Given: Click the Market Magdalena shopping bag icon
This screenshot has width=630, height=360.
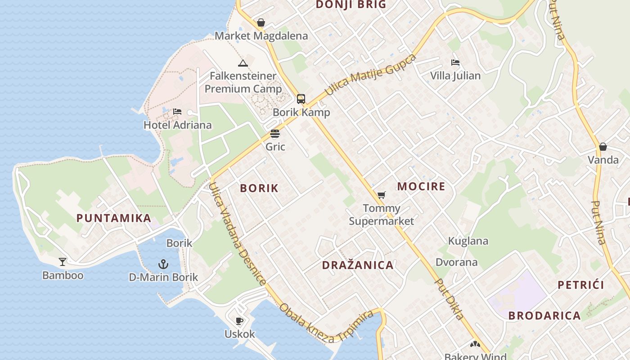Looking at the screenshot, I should pyautogui.click(x=261, y=22).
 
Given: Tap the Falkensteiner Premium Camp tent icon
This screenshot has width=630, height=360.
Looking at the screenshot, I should pyautogui.click(x=243, y=63).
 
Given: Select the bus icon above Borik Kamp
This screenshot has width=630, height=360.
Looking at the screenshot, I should pyautogui.click(x=301, y=99).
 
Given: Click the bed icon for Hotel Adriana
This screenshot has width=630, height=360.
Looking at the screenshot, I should pyautogui.click(x=177, y=111).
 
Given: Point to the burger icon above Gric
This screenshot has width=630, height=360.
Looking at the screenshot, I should pyautogui.click(x=275, y=134).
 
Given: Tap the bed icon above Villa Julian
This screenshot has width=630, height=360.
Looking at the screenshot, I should pyautogui.click(x=455, y=63).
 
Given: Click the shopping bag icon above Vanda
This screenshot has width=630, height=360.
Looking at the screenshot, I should pyautogui.click(x=603, y=147).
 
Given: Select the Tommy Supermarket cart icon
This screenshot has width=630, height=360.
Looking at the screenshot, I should pyautogui.click(x=382, y=195).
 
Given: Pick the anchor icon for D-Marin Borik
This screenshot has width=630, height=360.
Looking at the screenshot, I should pyautogui.click(x=163, y=264).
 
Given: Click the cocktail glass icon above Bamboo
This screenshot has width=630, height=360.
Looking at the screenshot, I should pyautogui.click(x=63, y=261).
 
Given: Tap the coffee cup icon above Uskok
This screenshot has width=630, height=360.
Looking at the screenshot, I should pyautogui.click(x=239, y=321).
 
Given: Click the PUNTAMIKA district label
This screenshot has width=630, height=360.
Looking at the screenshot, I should pyautogui.click(x=113, y=218).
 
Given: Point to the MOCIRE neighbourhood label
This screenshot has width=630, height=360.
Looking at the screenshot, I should pyautogui.click(x=421, y=186).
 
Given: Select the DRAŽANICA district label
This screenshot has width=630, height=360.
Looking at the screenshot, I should pyautogui.click(x=358, y=265).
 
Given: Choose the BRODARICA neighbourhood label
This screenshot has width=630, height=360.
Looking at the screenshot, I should pyautogui.click(x=544, y=315).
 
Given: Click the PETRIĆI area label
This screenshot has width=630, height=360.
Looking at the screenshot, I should pyautogui.click(x=580, y=285).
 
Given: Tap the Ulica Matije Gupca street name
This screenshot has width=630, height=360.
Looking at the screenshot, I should pyautogui.click(x=370, y=75).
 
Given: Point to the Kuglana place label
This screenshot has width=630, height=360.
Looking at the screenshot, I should pyautogui.click(x=468, y=241).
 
